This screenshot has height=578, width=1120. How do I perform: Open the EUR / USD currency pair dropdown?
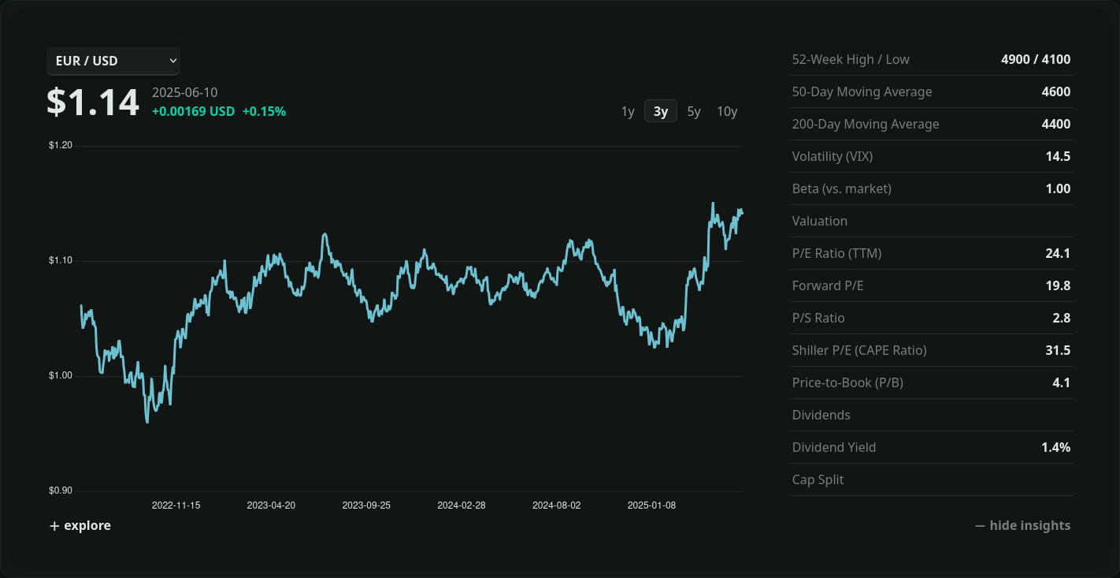click(113, 61)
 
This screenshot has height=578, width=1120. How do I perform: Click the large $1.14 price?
click(93, 103)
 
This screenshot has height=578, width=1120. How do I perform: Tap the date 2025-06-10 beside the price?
click(184, 92)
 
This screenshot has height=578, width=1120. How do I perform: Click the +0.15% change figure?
click(264, 111)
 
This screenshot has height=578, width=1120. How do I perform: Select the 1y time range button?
click(628, 111)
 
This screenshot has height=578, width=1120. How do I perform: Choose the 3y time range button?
click(661, 111)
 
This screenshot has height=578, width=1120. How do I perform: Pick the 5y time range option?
click(694, 111)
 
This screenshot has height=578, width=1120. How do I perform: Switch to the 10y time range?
click(727, 111)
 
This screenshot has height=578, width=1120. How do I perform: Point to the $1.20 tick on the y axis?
click(61, 145)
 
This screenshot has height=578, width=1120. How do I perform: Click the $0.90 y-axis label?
click(61, 490)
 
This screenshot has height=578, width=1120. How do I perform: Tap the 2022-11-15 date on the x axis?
click(176, 505)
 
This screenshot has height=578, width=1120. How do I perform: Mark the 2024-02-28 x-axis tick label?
click(462, 505)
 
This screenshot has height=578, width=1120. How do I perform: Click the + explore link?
click(80, 526)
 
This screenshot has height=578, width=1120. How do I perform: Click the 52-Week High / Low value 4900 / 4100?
click(1036, 59)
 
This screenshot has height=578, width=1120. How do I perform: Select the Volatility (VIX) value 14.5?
click(1058, 156)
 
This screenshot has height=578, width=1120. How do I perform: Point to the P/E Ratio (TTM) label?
click(836, 253)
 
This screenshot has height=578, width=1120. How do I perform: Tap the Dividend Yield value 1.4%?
click(1055, 447)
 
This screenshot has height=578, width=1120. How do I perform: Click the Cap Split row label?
click(818, 479)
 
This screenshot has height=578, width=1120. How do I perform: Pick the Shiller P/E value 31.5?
click(1058, 350)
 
